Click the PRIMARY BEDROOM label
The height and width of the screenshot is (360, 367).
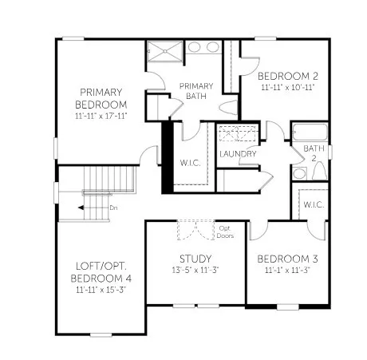click(101, 98)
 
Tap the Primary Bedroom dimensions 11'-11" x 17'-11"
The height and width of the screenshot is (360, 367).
click(101, 117)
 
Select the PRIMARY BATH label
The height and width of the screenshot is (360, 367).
click(195, 91)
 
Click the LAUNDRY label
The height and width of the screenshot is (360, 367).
click(238, 154)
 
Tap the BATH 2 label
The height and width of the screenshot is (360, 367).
click(314, 153)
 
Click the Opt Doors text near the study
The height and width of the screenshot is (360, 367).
click(226, 232)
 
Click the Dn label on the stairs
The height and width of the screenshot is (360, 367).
click(113, 208)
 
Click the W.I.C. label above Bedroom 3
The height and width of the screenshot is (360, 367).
click(311, 204)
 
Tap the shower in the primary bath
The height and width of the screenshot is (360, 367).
click(165, 53)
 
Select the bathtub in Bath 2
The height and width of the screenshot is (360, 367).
click(310, 132)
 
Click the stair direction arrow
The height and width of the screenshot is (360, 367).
click(90, 208)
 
